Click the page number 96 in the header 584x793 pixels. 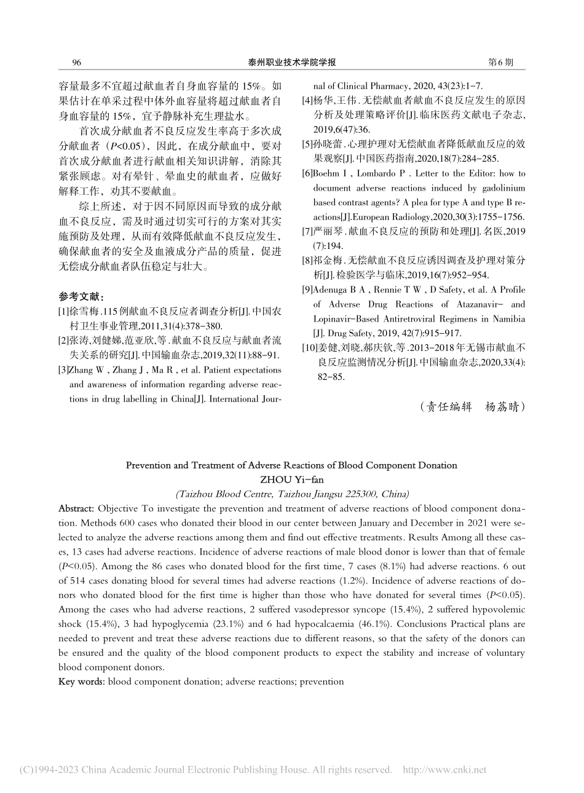click(x=77, y=63)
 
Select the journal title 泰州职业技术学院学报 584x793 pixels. click(x=291, y=63)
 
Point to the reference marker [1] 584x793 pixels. click(x=63, y=312)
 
